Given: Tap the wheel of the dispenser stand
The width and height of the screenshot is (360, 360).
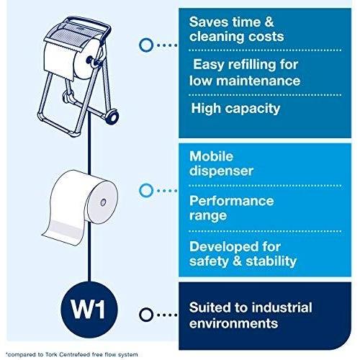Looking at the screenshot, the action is pyautogui.click(x=112, y=116).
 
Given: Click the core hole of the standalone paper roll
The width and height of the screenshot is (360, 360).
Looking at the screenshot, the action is pyautogui.click(x=103, y=202).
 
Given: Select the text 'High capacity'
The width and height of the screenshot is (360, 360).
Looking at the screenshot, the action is pyautogui.click(x=235, y=109).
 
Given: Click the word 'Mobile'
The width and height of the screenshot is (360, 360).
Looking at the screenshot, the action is pyautogui.click(x=211, y=156).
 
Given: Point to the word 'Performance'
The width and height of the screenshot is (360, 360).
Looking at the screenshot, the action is pyautogui.click(x=231, y=201).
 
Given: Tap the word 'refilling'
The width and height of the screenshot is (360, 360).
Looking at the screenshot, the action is pyautogui.click(x=253, y=65).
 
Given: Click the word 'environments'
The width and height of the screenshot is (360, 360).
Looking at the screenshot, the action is pyautogui.click(x=233, y=323).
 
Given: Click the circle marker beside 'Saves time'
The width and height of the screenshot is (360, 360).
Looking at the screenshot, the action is pyautogui.click(x=145, y=45).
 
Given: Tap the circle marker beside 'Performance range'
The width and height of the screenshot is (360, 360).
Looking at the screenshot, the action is pyautogui.click(x=145, y=191).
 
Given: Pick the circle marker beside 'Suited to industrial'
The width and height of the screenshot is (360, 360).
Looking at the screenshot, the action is pyautogui.click(x=145, y=315).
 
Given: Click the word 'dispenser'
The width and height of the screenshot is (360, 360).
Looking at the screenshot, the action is pyautogui.click(x=221, y=171).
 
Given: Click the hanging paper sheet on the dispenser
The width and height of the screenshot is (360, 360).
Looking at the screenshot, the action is pyautogui.click(x=59, y=62).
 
